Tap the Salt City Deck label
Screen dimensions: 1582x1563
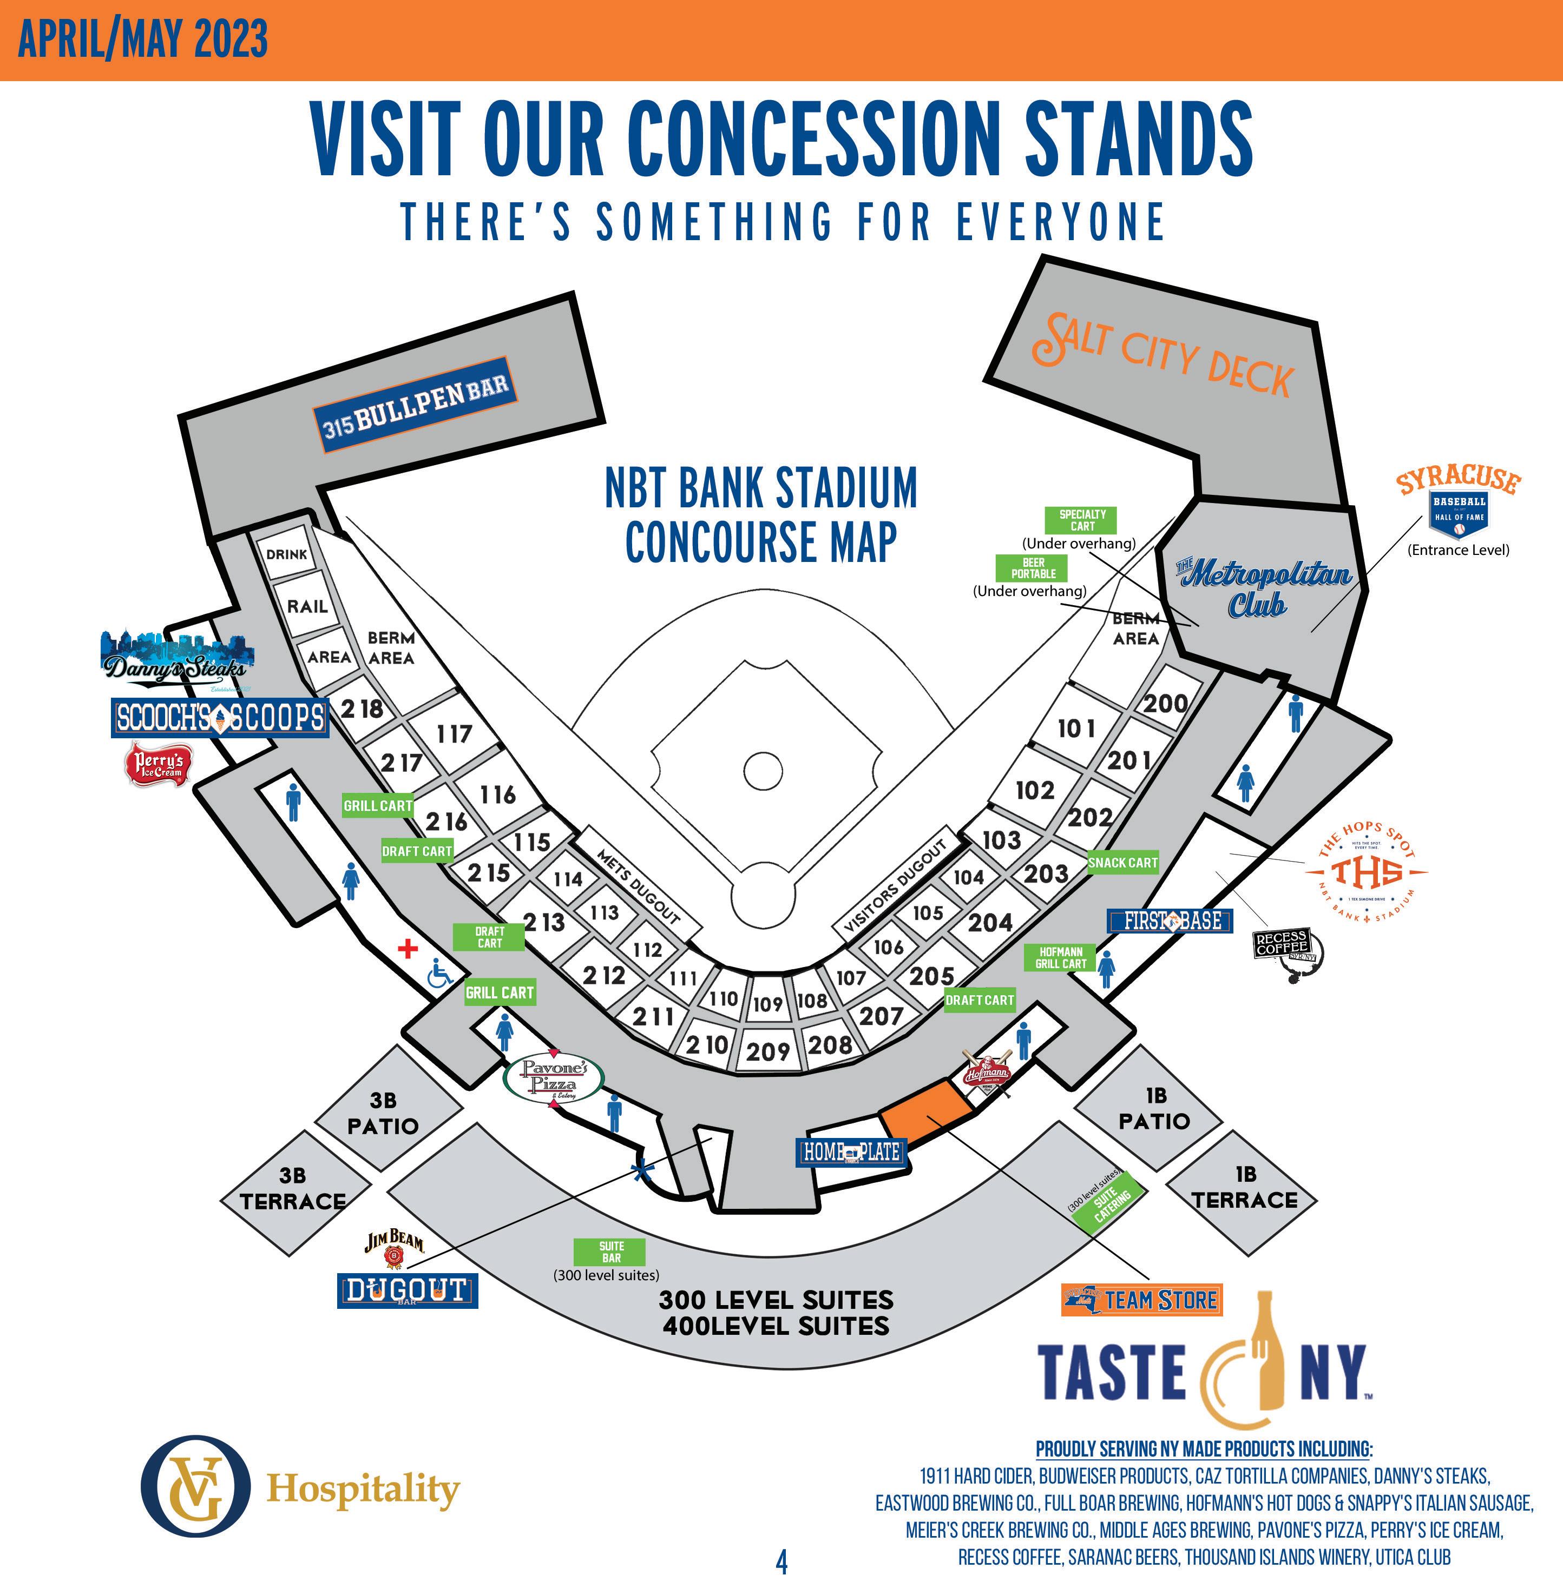click(x=1163, y=355)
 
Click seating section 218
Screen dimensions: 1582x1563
click(x=362, y=709)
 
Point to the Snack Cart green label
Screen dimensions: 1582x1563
click(x=1122, y=862)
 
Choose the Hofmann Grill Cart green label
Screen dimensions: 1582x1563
click(x=1060, y=957)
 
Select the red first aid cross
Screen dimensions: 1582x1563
click(x=407, y=948)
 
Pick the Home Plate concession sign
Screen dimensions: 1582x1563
click(x=851, y=1152)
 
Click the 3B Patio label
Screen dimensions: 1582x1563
click(x=383, y=1113)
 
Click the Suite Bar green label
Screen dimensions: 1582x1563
click(x=610, y=1251)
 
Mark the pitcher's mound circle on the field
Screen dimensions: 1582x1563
click(x=763, y=770)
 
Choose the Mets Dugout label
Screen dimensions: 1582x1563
click(x=639, y=888)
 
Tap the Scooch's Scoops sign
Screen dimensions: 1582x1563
click(x=220, y=718)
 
